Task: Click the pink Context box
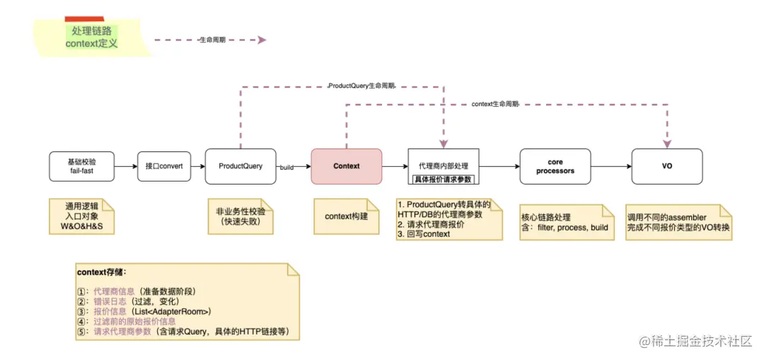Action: tap(346, 166)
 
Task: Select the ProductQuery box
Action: tap(240, 166)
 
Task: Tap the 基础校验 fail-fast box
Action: tap(81, 166)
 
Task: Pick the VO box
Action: tap(666, 166)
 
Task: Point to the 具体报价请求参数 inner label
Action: tap(444, 179)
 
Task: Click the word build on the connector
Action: tap(286, 168)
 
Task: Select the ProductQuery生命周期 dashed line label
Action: tap(361, 86)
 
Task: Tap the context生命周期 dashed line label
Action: tap(494, 104)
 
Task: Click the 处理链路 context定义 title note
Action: tap(91, 37)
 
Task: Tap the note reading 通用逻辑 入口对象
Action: tap(81, 217)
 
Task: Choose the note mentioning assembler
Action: tap(678, 222)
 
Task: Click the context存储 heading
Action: tap(102, 272)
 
